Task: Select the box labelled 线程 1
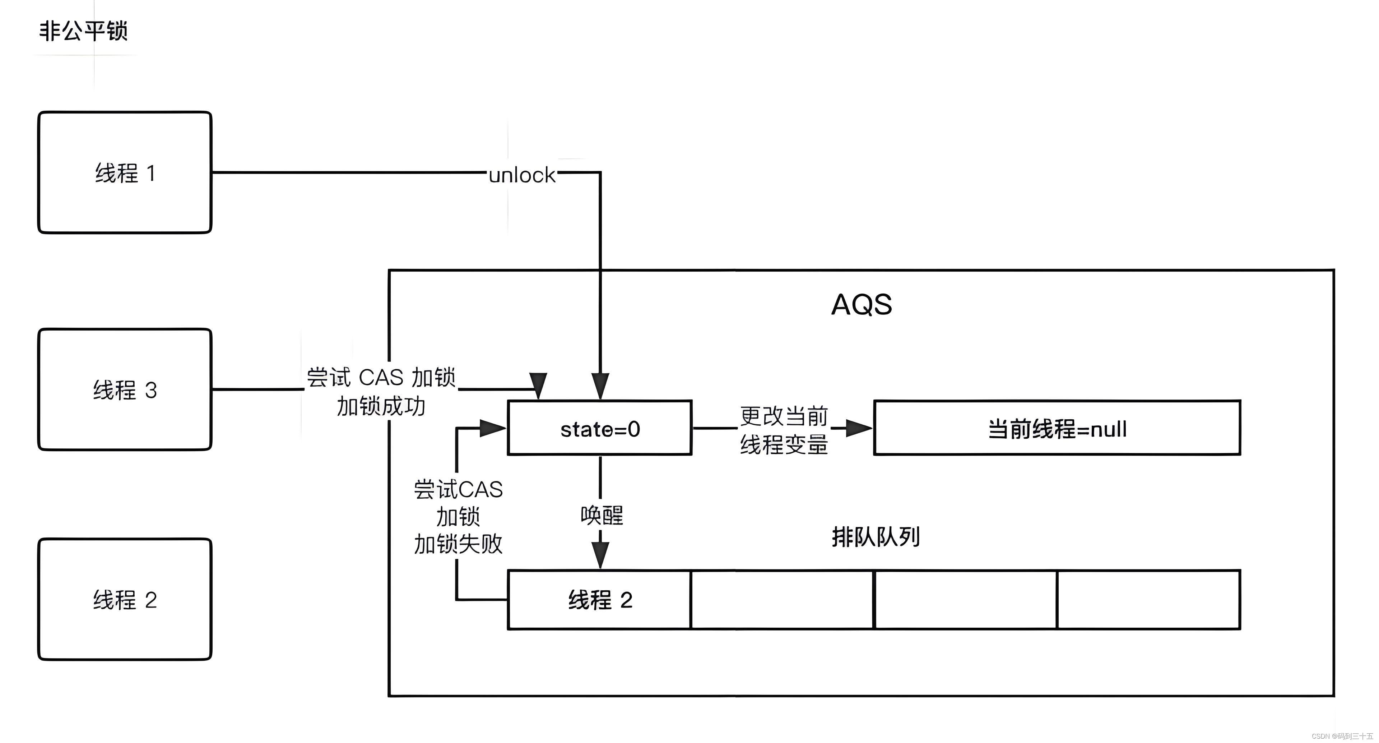tap(125, 172)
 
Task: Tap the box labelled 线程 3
tap(125, 389)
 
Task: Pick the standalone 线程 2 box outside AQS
tap(125, 599)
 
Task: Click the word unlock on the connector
tap(522, 175)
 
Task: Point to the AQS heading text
tap(862, 305)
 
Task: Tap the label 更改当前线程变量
tap(784, 430)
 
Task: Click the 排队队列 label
tap(876, 537)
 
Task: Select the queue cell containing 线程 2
tap(600, 599)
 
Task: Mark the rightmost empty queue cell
tap(1148, 599)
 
